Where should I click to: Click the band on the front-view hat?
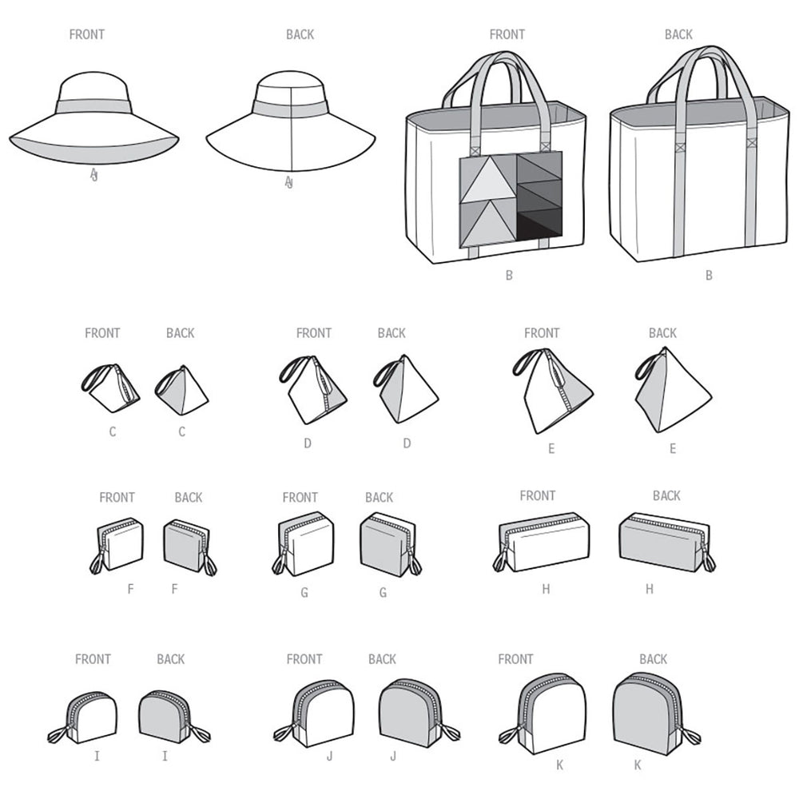(93, 108)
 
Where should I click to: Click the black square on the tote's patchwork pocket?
(539, 226)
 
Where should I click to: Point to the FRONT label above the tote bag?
(507, 34)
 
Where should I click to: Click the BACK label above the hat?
(300, 34)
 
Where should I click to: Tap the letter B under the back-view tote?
(708, 276)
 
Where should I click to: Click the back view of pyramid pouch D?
(406, 389)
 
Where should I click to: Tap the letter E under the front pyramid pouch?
(551, 449)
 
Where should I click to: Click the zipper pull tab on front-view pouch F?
(97, 562)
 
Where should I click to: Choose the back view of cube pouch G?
(389, 544)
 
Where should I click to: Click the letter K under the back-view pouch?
(638, 765)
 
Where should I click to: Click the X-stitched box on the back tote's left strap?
(680, 149)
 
